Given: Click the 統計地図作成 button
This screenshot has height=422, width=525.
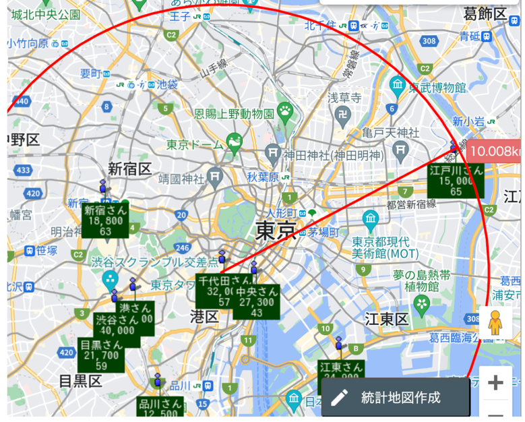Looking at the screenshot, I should pos(395,397).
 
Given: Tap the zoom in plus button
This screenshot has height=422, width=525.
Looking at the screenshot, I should pos(495,383).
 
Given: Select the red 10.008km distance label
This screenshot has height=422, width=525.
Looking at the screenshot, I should pos(496,150).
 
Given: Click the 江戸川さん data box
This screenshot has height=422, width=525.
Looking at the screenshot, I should pos(456,181).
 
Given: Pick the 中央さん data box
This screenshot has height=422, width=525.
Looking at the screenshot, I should pos(256,301).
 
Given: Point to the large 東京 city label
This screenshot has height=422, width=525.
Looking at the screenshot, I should pos(276,231).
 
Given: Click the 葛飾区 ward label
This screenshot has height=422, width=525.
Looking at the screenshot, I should pos(485,13).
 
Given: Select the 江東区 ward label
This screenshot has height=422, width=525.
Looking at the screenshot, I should pos(386,318).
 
